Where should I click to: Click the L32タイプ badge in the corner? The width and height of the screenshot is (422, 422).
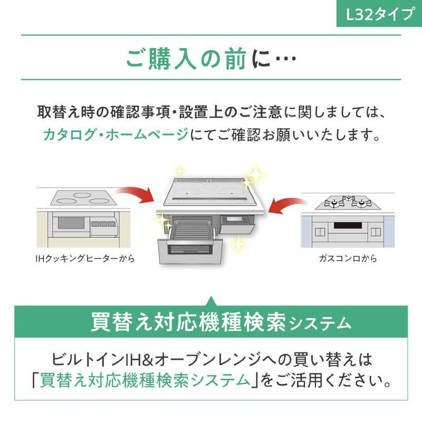[378, 14]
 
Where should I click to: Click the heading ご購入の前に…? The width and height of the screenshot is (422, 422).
[210, 60]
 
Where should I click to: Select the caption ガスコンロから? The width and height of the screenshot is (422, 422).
[348, 258]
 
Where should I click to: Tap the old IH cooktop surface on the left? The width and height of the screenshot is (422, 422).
[82, 199]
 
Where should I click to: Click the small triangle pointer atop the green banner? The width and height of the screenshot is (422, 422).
[211, 301]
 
